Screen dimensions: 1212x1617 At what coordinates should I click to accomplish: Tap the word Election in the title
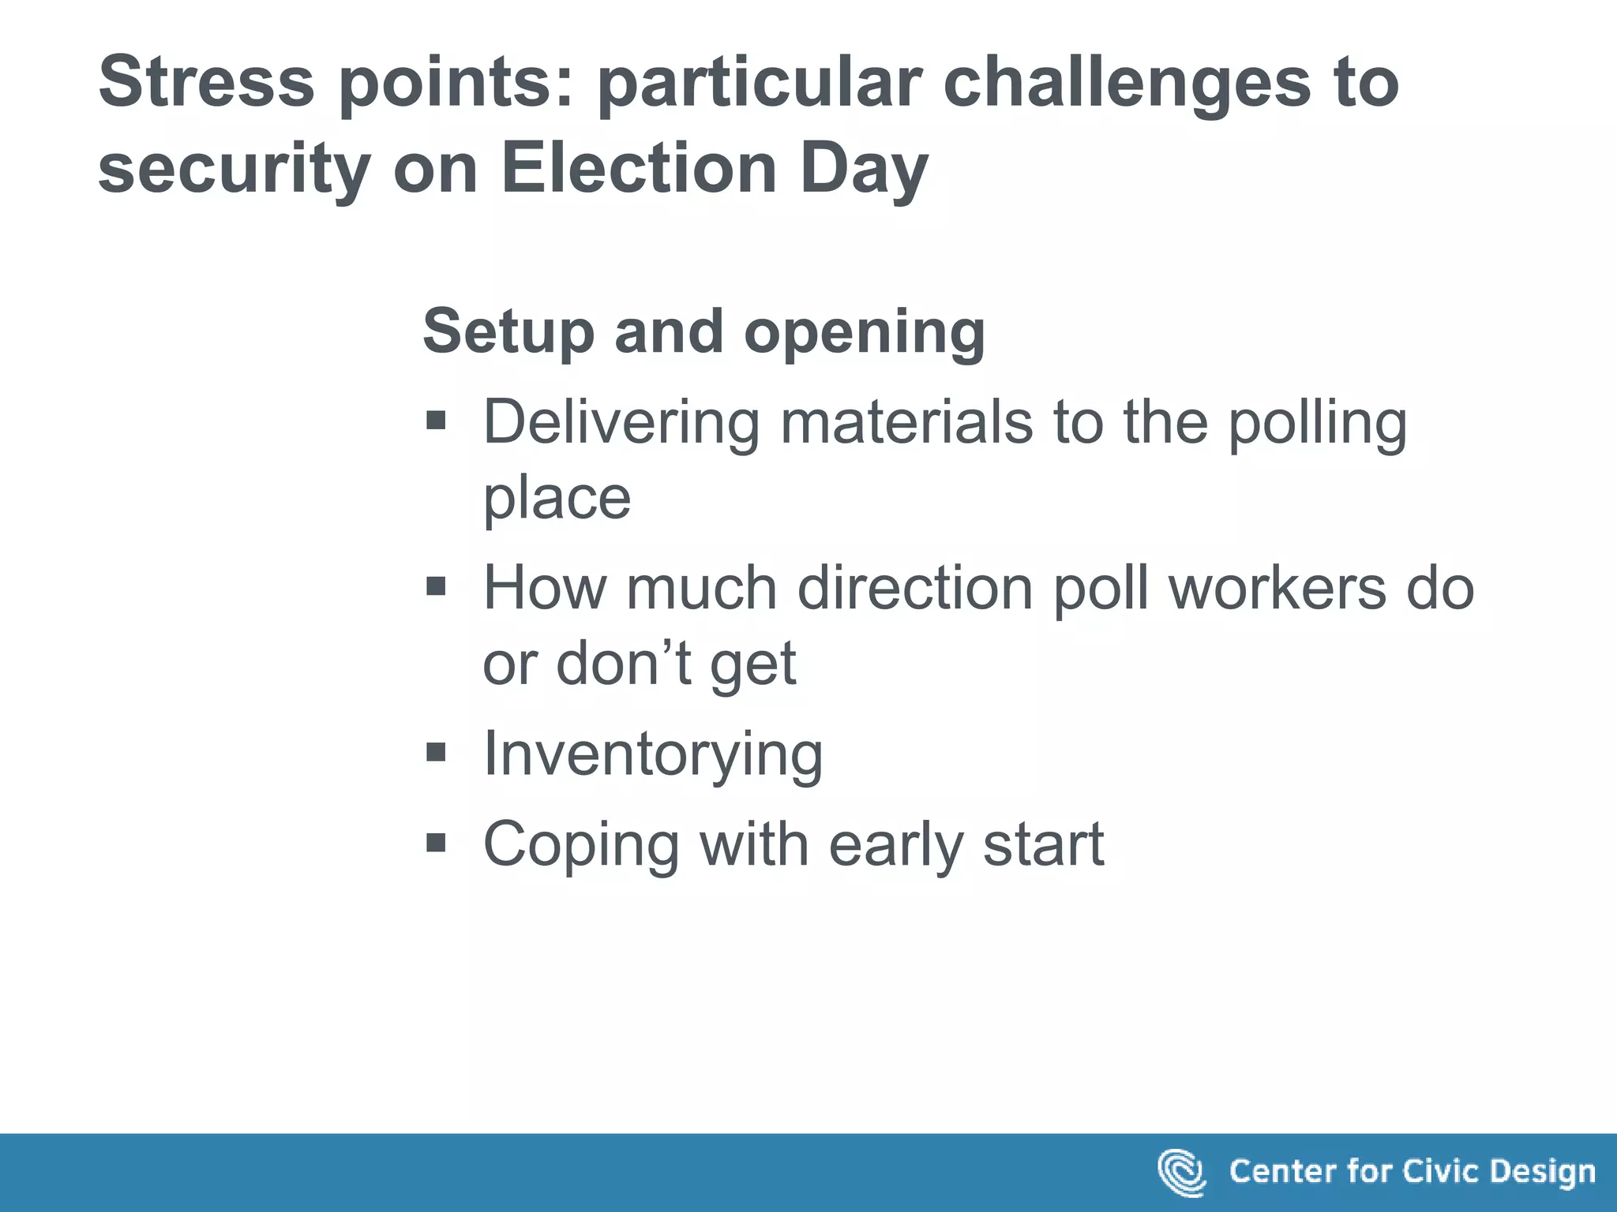[640, 169]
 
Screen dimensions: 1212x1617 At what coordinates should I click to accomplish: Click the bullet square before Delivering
[436, 421]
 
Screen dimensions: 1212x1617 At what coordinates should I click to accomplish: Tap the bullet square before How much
[436, 586]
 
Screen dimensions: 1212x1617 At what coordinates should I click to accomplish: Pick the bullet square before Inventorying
[436, 752]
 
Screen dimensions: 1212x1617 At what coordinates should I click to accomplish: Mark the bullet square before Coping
[436, 843]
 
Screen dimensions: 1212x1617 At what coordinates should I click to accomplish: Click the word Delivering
[621, 423]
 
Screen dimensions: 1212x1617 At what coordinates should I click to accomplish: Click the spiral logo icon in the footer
[1181, 1173]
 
